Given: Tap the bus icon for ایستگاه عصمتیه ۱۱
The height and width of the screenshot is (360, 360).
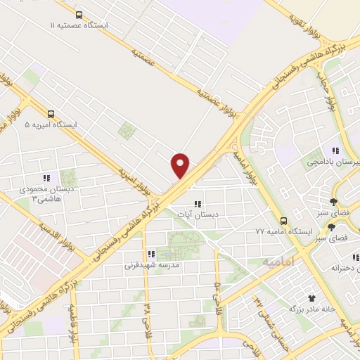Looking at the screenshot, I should pos(78,14).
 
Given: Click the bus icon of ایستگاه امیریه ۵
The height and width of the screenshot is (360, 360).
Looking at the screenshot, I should pos(51,113).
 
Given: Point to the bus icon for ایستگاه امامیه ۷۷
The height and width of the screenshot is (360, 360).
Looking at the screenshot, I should pos(283,219).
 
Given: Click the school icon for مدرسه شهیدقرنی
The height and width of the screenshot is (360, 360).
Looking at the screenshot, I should pos(150,254).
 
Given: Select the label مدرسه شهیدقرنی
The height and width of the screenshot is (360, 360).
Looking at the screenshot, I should pos(153,265).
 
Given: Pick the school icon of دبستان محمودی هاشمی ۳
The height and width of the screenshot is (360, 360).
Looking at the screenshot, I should pos(46,178).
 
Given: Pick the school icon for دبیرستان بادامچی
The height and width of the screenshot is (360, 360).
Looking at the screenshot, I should pos(336,150).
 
